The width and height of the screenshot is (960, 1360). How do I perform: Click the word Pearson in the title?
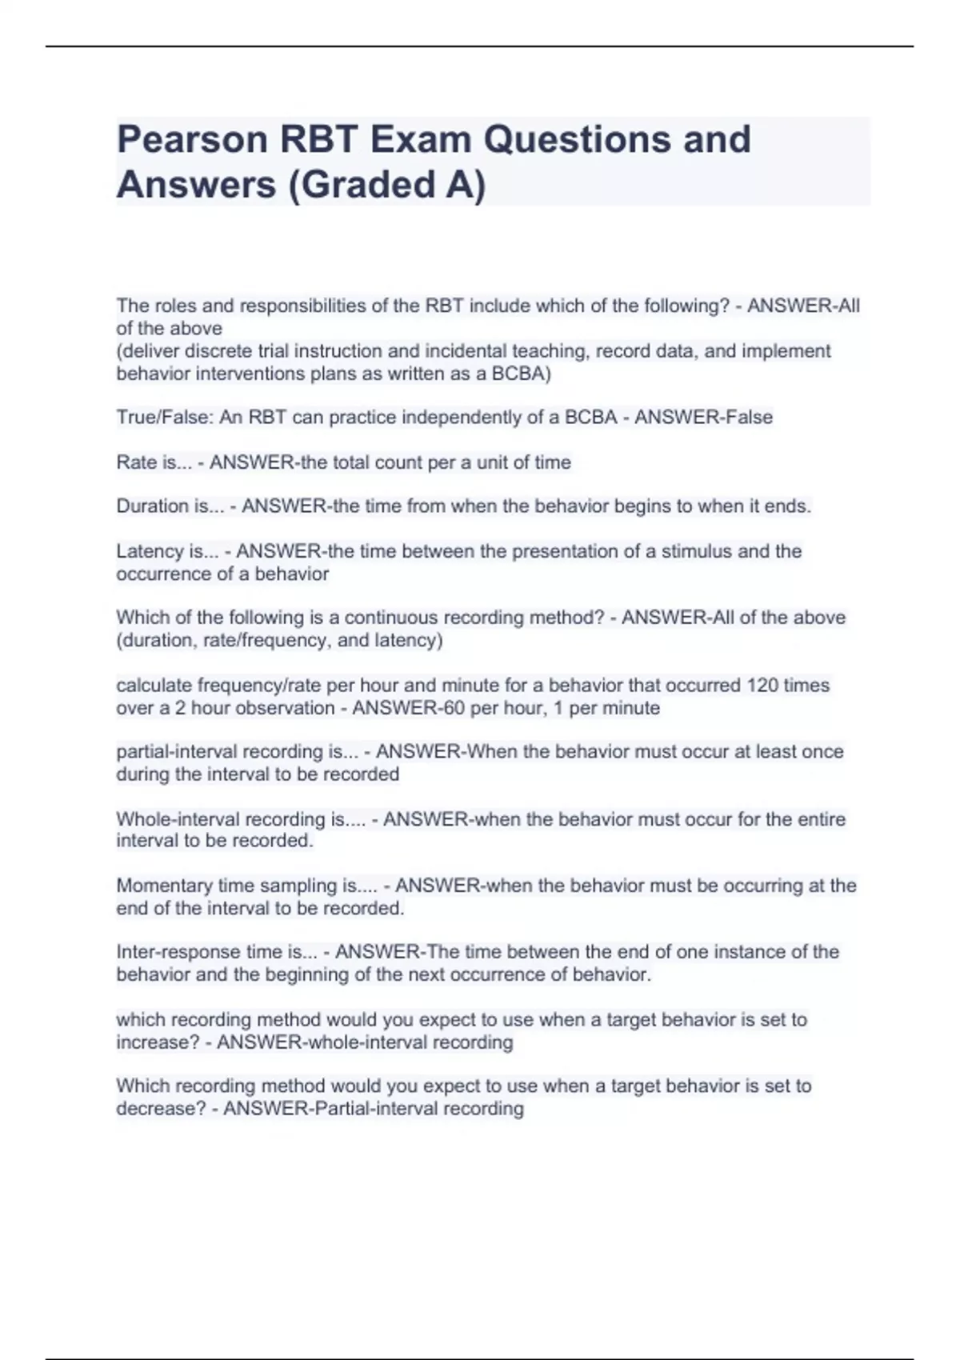click(192, 140)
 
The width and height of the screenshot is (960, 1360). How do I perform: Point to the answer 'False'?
click(748, 418)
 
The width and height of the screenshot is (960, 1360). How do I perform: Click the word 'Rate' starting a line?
click(136, 462)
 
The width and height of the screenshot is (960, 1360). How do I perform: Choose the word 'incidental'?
click(466, 351)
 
